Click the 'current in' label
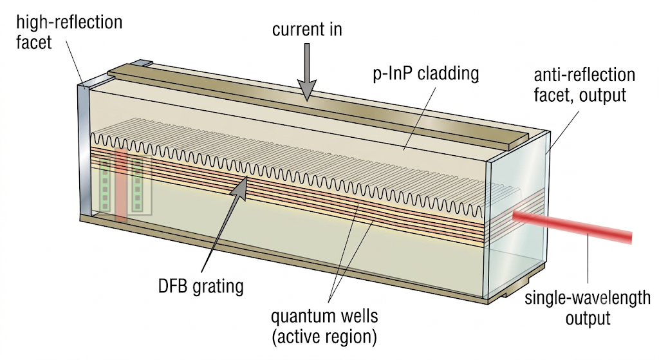click(x=307, y=30)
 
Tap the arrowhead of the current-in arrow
click(x=307, y=90)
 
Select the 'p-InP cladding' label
click(x=426, y=74)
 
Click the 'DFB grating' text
click(x=201, y=286)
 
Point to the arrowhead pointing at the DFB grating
click(x=240, y=187)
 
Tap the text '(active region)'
click(x=324, y=337)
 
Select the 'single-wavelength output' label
click(x=588, y=308)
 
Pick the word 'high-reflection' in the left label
click(x=70, y=22)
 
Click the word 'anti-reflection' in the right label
click(x=584, y=75)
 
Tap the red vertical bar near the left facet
click(x=121, y=185)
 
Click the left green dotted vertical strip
click(x=105, y=185)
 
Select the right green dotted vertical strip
click(x=137, y=185)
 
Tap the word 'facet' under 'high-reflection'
click(x=33, y=42)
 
